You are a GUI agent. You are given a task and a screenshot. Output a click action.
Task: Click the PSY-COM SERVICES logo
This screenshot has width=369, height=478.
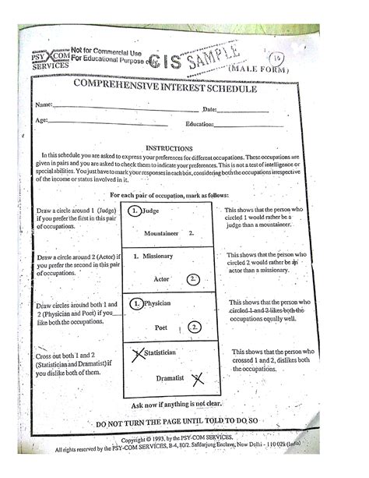[x=49, y=57]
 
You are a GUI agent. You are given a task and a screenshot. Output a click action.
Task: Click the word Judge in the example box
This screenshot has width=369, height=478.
[x=153, y=211]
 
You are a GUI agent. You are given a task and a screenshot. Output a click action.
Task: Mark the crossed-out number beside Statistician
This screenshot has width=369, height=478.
[x=138, y=355]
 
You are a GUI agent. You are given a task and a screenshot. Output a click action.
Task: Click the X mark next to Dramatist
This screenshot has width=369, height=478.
[x=197, y=379]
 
